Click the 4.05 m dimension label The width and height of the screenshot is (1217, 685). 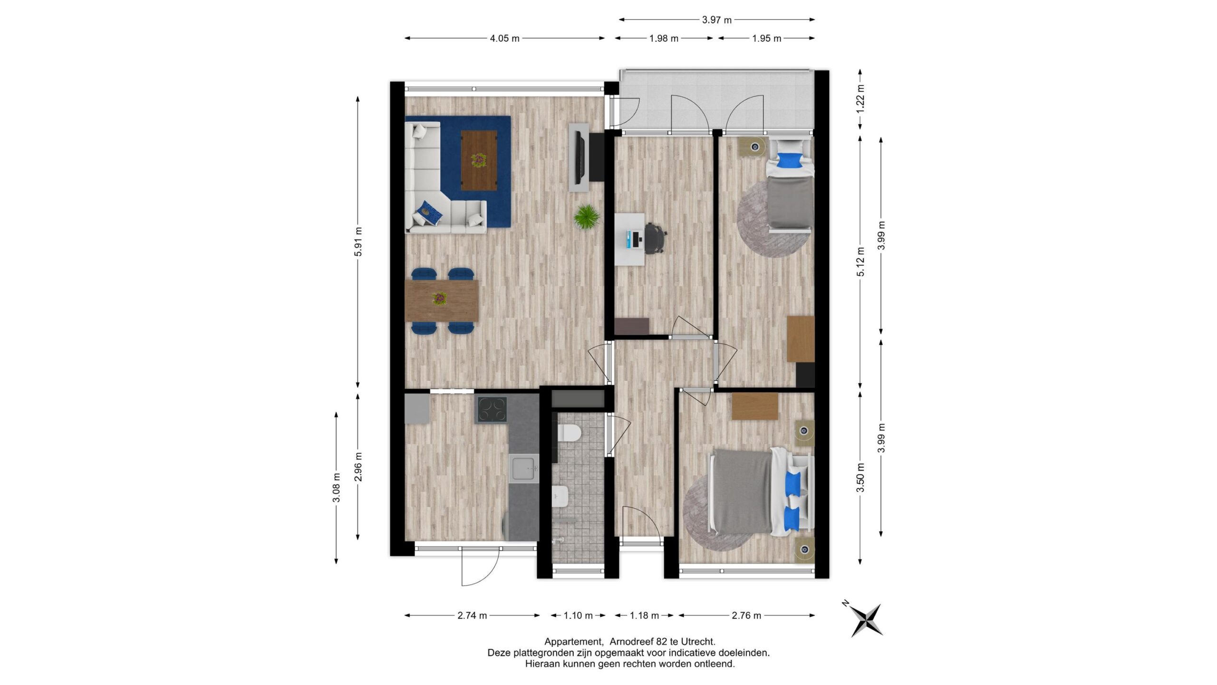pos(504,39)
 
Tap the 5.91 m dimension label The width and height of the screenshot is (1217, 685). pos(358,242)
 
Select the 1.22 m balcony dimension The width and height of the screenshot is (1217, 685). pos(860,98)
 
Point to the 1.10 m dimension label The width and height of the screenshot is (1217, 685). pos(578,616)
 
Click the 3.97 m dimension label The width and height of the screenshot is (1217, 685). pos(717,20)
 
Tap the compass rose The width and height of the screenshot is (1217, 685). pos(866,620)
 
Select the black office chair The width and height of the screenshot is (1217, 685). pos(655,238)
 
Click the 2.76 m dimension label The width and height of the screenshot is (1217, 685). pos(746,616)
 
